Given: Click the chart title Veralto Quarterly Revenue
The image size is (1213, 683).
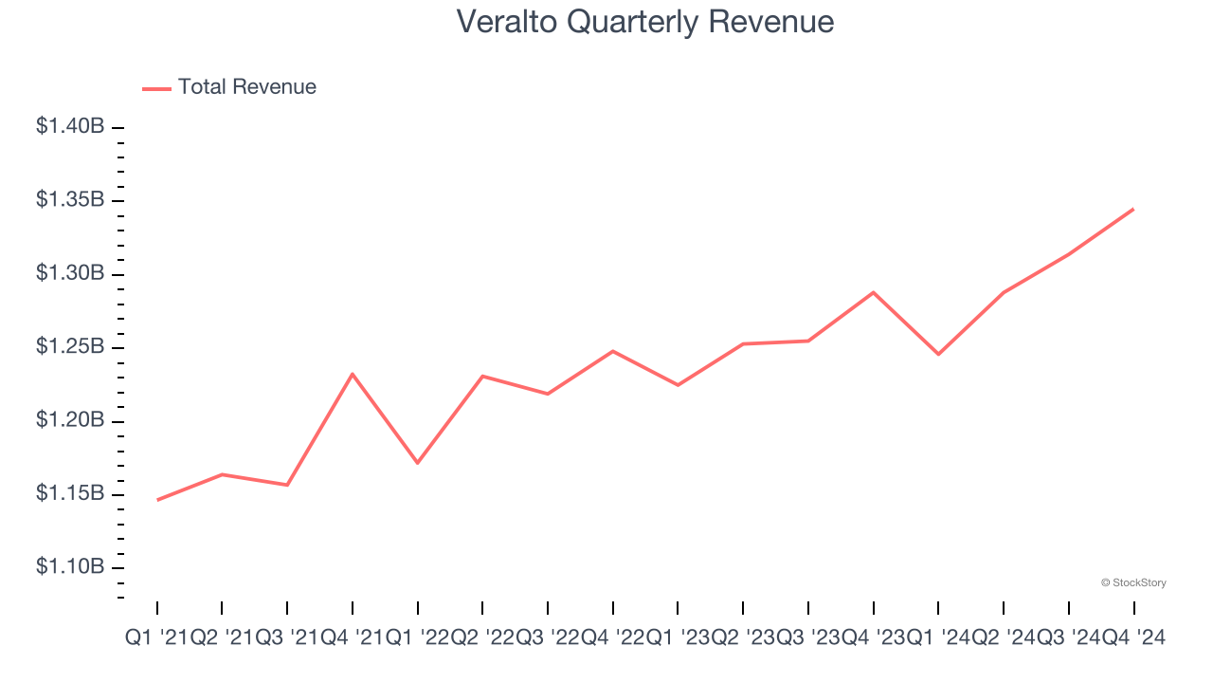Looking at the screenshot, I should click(645, 22).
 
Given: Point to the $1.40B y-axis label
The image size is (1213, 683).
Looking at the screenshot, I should click(69, 126).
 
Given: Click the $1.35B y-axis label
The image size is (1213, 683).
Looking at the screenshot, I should click(69, 200).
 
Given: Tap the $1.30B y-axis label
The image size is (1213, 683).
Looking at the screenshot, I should click(69, 273).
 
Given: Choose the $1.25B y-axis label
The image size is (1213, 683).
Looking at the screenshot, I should click(69, 347).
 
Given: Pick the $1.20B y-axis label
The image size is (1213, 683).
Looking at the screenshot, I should click(69, 420).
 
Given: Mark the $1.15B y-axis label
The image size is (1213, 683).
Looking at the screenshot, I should click(69, 494).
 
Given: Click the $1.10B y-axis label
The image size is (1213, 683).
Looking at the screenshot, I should click(69, 567).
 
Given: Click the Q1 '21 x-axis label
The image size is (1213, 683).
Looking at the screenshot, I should click(156, 638).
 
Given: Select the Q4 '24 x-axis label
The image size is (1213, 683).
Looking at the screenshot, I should click(1133, 638).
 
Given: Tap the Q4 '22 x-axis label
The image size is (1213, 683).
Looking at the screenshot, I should click(613, 638).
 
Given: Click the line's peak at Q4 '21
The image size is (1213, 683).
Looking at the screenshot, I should click(353, 374).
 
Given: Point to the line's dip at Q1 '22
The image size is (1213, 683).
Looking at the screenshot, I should click(417, 463).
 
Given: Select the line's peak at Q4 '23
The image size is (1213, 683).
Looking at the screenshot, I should click(873, 292).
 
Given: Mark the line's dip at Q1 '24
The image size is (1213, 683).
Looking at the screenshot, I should click(938, 354).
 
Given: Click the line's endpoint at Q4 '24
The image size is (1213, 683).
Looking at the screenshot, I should click(1133, 209).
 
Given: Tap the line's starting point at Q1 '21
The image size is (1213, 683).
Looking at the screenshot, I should click(157, 500).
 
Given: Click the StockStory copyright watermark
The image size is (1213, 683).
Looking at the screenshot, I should click(1133, 582).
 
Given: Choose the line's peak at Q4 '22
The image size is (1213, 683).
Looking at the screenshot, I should click(613, 351).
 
